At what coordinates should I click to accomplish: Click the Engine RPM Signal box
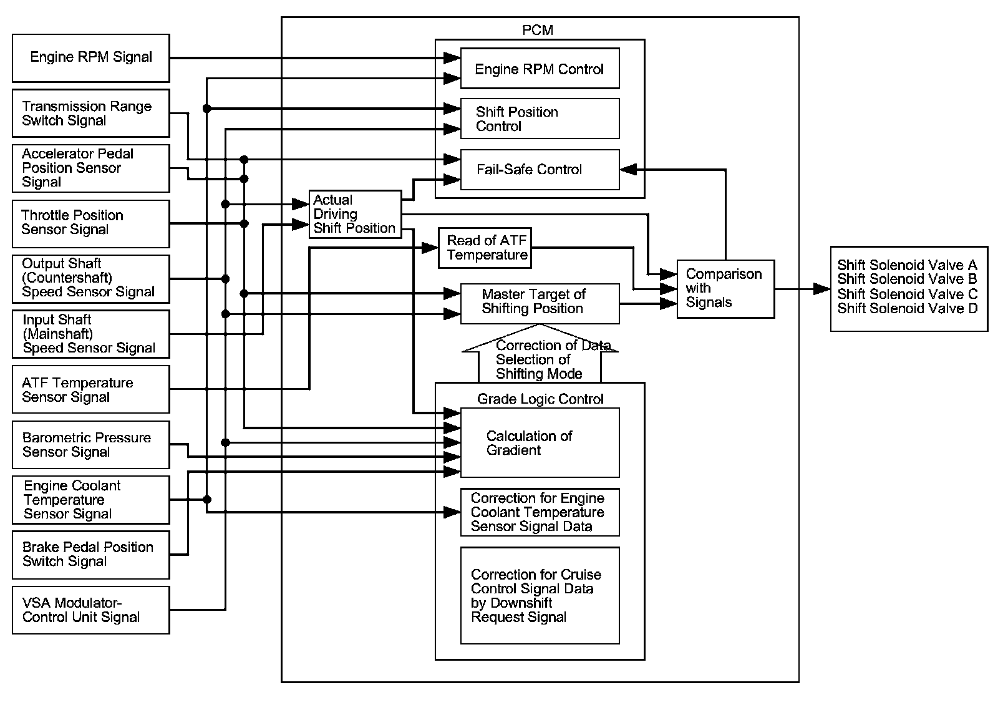pyautogui.click(x=91, y=58)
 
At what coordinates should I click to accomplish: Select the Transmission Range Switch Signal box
pyautogui.click(x=91, y=114)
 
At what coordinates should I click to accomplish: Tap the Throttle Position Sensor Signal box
pyautogui.click(x=91, y=223)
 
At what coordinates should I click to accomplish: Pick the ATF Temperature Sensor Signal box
pyautogui.click(x=91, y=389)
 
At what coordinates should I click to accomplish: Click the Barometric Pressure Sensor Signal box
pyautogui.click(x=91, y=445)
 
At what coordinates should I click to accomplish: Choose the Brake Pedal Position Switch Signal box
pyautogui.click(x=91, y=554)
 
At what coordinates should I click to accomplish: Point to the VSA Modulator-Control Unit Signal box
pyautogui.click(x=91, y=610)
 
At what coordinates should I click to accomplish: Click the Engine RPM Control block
pyautogui.click(x=540, y=69)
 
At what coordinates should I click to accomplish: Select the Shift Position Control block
pyautogui.click(x=540, y=119)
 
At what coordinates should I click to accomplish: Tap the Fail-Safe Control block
pyautogui.click(x=540, y=169)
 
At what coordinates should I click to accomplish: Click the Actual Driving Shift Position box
pyautogui.click(x=355, y=214)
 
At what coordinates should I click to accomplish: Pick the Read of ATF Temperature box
pyautogui.click(x=485, y=248)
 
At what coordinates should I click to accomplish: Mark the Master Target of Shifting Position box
pyautogui.click(x=540, y=304)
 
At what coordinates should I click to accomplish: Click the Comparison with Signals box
pyautogui.click(x=725, y=289)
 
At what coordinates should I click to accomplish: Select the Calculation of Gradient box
pyautogui.click(x=540, y=442)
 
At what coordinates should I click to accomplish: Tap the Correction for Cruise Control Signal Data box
pyautogui.click(x=540, y=595)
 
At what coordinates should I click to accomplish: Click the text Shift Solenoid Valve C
pyautogui.click(x=908, y=294)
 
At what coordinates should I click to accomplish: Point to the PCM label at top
pyautogui.click(x=538, y=30)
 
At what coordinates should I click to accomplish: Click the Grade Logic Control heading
pyautogui.click(x=540, y=399)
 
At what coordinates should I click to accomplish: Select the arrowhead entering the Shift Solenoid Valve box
pyautogui.click(x=822, y=289)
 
